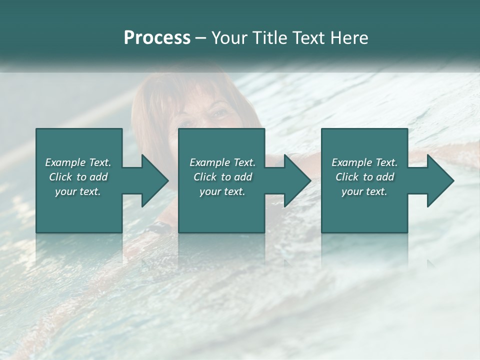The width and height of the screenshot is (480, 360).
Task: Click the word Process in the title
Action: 157,38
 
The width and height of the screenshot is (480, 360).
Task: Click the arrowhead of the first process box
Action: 155,180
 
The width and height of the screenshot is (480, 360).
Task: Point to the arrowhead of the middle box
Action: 297,180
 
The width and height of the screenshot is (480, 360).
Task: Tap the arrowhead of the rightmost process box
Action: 440,180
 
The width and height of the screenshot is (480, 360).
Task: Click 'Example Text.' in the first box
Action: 78,162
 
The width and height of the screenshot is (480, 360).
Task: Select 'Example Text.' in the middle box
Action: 222,162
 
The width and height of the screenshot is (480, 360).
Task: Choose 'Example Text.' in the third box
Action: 364,162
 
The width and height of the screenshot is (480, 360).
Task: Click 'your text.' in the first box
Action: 78,191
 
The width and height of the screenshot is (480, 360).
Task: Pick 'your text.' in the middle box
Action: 222,191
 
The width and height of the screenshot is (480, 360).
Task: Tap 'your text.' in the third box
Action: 364,191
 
